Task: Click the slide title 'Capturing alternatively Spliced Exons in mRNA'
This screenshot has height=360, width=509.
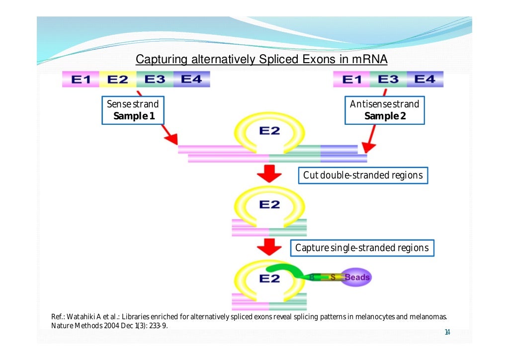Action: (x=261, y=60)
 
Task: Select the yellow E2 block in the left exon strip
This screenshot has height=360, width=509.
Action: (x=117, y=80)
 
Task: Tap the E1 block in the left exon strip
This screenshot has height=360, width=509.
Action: (x=81, y=80)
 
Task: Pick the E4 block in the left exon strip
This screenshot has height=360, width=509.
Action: (x=191, y=80)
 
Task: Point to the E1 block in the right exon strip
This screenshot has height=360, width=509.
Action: (x=352, y=80)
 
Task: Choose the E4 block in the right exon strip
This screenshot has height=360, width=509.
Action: (x=424, y=80)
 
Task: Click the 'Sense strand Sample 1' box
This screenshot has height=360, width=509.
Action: (x=133, y=110)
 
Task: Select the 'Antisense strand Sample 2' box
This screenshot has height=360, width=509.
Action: (x=385, y=110)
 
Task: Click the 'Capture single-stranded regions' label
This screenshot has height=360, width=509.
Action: (x=362, y=248)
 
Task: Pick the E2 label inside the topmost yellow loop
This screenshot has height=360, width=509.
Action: (x=269, y=131)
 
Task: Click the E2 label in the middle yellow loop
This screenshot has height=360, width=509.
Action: (x=269, y=204)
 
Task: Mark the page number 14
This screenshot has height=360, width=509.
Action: (x=447, y=333)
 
